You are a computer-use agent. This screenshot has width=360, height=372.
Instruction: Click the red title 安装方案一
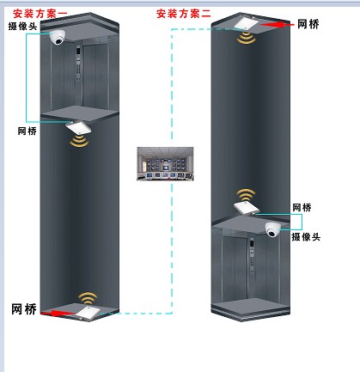[x=40, y=14]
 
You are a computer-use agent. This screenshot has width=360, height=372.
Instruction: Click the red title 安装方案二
[x=184, y=14]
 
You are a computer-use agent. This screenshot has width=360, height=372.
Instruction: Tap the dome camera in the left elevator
[x=58, y=37]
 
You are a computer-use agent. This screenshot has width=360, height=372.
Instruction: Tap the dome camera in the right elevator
[x=272, y=229]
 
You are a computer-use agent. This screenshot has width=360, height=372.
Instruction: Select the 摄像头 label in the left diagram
[x=22, y=26]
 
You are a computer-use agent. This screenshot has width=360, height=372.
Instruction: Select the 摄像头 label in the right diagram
[x=306, y=237]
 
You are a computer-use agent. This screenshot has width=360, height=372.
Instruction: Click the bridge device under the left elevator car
[x=78, y=127]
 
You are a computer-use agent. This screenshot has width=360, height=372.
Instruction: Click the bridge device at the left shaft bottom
[x=88, y=313]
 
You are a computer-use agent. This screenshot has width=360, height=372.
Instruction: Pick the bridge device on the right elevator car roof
[x=247, y=208]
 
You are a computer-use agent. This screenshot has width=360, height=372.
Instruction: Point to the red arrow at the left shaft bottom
[x=58, y=314]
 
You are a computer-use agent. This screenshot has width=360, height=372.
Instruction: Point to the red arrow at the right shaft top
[x=277, y=25]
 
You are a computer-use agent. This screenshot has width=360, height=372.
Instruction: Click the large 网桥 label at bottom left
[x=24, y=309]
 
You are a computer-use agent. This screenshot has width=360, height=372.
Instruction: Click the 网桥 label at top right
[x=308, y=24]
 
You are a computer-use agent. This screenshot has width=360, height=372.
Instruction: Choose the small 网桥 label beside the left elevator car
[x=27, y=131]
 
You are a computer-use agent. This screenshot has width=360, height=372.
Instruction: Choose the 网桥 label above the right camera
[x=302, y=208]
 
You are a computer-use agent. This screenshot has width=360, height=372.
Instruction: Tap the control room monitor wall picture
[x=165, y=164]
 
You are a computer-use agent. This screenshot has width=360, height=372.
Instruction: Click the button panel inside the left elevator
[x=78, y=63]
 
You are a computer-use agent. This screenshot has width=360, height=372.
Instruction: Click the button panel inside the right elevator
[x=252, y=255]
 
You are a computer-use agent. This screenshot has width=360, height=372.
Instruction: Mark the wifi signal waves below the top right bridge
[x=247, y=38]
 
